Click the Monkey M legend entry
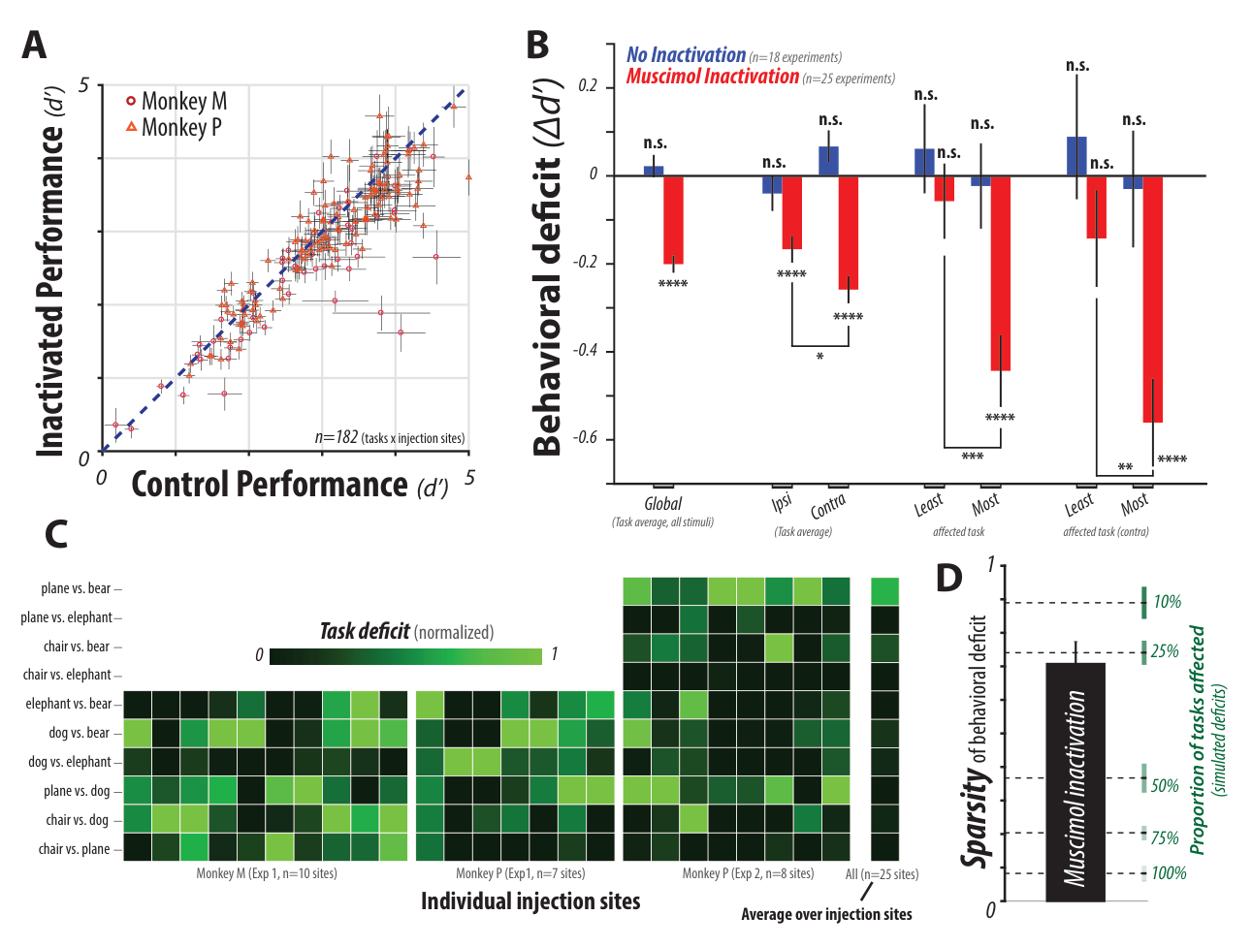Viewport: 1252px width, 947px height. (x=177, y=102)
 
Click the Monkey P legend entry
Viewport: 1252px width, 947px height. (x=174, y=127)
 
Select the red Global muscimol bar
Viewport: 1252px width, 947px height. (x=673, y=219)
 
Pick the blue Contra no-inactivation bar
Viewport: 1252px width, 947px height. (x=829, y=161)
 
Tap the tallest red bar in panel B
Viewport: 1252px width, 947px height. (x=1152, y=299)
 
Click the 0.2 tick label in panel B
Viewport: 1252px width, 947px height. (x=589, y=86)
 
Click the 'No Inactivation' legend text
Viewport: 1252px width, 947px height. (x=687, y=54)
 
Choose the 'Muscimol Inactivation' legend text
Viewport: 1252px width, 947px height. (x=713, y=77)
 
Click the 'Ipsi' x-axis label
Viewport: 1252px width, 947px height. (x=782, y=502)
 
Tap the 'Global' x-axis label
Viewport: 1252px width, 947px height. (x=662, y=504)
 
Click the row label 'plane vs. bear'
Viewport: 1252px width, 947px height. (x=76, y=588)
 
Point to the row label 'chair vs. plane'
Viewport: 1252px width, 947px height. (x=74, y=849)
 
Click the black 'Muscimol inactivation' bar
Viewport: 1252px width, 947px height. (x=1075, y=782)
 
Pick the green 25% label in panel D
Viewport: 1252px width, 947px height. (x=1165, y=651)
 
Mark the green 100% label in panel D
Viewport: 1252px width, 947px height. (x=1169, y=873)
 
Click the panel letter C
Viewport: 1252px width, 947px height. (x=56, y=534)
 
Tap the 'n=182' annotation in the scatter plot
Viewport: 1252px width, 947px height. (x=336, y=437)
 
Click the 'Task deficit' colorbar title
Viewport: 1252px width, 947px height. (x=365, y=631)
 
